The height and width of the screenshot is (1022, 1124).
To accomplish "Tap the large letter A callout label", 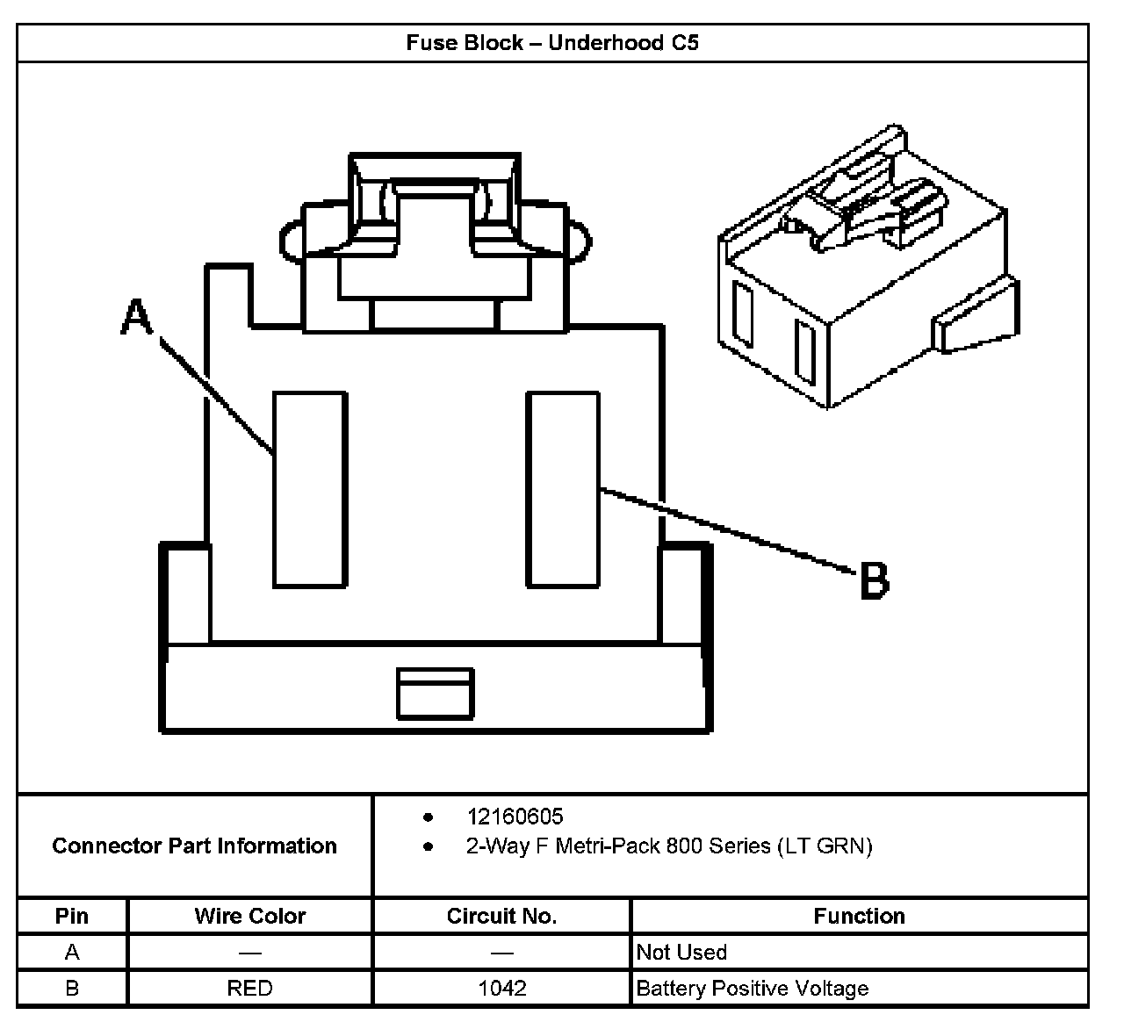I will (136, 317).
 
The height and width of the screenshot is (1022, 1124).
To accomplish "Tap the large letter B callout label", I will (873, 580).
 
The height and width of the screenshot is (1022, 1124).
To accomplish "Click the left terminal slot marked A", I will (308, 489).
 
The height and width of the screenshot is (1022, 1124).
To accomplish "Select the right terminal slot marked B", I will (563, 489).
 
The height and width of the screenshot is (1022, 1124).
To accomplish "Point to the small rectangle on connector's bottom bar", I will (435, 694).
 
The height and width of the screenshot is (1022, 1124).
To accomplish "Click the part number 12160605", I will (515, 817).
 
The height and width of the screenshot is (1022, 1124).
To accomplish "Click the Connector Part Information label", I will (194, 846).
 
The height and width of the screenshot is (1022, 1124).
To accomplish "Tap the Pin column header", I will (72, 916).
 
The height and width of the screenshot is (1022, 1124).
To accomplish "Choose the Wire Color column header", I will (250, 916).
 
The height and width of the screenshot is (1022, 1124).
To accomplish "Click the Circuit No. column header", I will (501, 916).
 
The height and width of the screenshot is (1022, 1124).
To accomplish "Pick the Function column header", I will (859, 916).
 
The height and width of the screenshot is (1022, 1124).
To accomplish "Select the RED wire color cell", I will (250, 988).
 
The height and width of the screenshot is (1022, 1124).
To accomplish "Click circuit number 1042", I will (502, 988).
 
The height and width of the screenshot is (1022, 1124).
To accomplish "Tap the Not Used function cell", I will (681, 952).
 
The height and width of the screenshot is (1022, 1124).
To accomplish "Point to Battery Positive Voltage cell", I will (752, 988).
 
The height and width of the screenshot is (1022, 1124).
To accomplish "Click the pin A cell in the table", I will (72, 952).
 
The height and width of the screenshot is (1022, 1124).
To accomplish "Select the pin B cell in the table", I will (72, 988).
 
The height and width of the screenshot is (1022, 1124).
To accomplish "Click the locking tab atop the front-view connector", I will (435, 211).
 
